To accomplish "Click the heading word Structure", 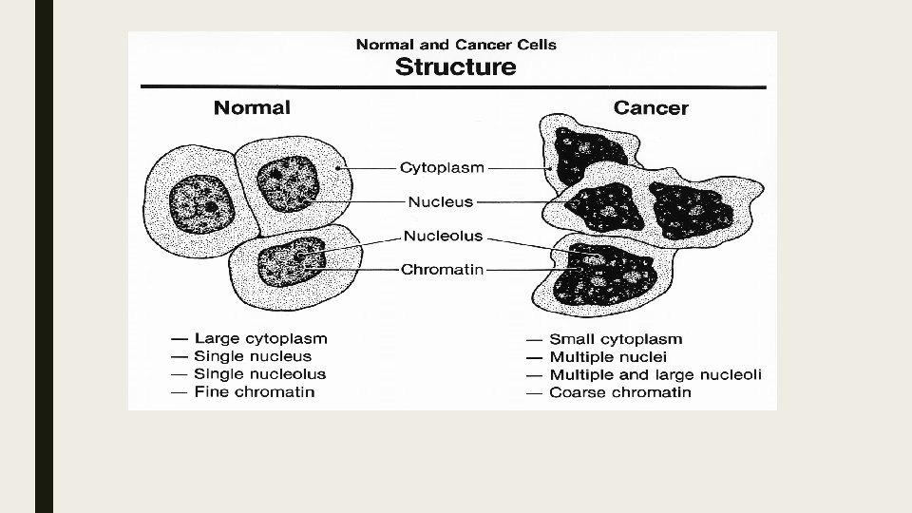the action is [455, 66].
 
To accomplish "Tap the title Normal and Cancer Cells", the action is [455, 44].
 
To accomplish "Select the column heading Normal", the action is [252, 107].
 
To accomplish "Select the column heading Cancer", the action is [651, 107].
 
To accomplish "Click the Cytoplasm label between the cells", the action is [442, 168].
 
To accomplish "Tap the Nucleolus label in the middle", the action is [443, 236].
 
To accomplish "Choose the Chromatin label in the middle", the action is [442, 269].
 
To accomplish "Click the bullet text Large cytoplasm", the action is [260, 338].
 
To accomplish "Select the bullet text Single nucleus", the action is [253, 356].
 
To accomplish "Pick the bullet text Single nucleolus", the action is [259, 374].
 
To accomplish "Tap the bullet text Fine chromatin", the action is [254, 391].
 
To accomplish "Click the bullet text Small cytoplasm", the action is [616, 339].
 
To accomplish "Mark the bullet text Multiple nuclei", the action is [608, 357].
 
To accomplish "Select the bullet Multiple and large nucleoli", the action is [655, 375].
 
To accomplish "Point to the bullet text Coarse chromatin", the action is [620, 392].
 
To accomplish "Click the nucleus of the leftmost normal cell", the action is [201, 202].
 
